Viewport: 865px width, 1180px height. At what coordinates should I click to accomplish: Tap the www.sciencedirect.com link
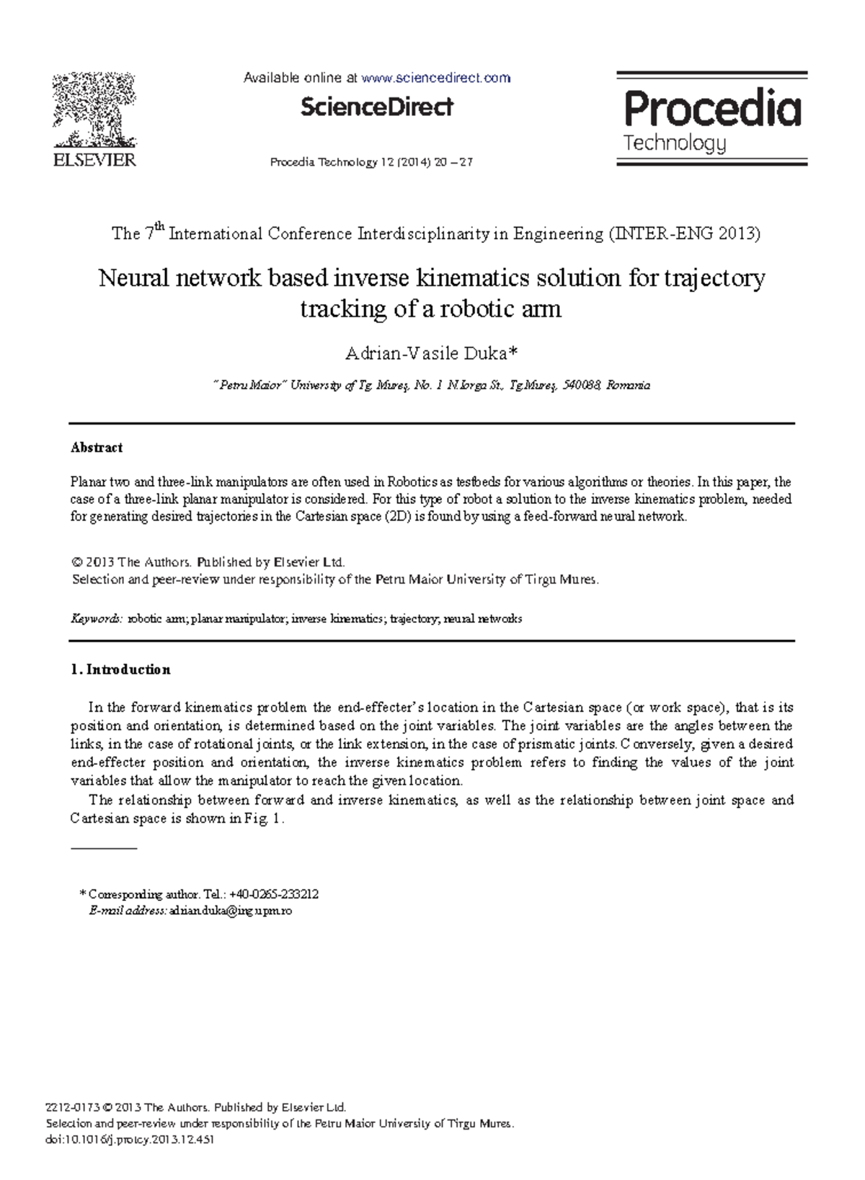click(435, 78)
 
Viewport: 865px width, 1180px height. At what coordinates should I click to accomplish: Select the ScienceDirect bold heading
click(376, 107)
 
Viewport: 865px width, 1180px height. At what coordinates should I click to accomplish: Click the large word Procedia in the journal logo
click(711, 110)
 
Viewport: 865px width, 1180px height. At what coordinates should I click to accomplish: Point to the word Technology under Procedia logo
click(674, 143)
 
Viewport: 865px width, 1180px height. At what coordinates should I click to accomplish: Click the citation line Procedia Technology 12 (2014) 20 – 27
click(371, 162)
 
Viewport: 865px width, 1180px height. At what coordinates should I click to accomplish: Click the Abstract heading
click(97, 448)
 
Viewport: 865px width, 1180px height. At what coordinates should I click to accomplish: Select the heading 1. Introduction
click(120, 670)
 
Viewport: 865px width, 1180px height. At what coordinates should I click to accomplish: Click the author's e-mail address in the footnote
click(230, 911)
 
